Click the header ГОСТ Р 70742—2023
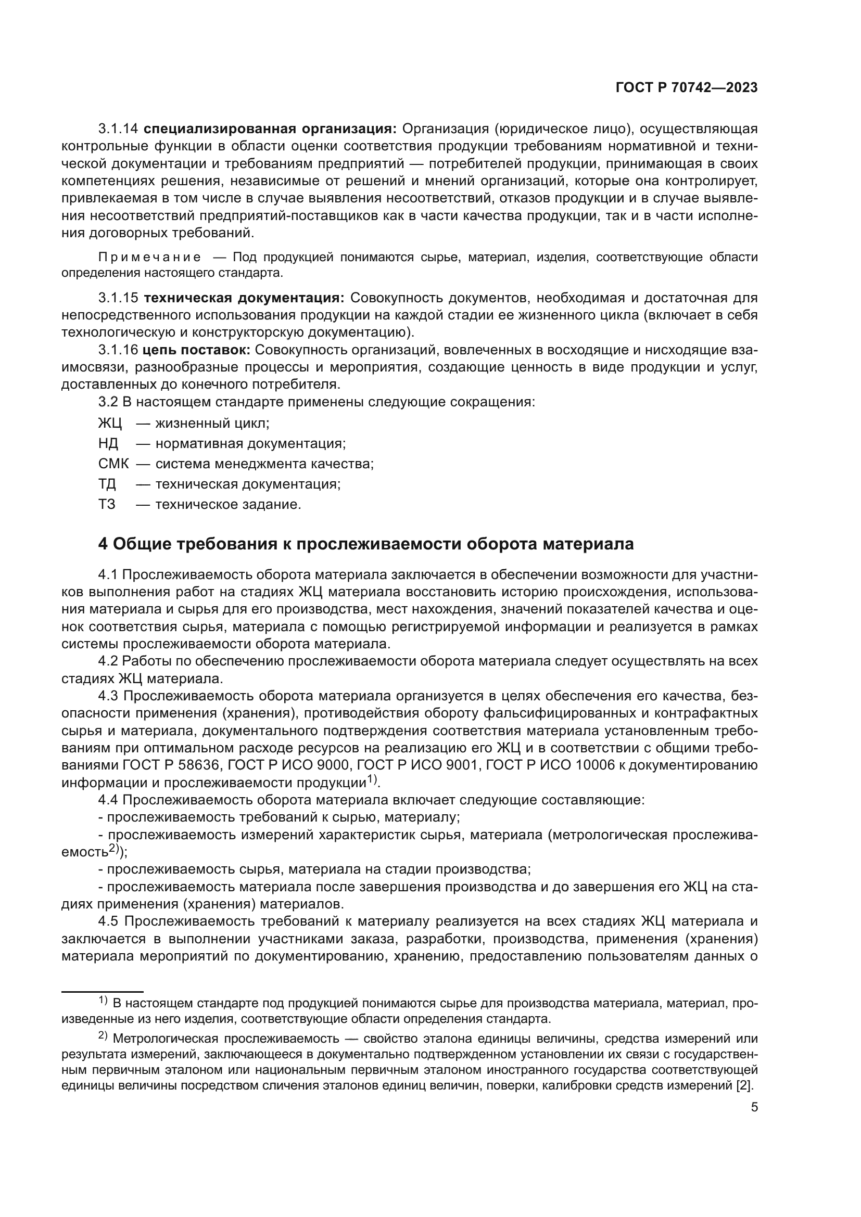click(x=686, y=88)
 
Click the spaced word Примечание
click(x=149, y=258)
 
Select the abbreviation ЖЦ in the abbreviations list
click(x=110, y=424)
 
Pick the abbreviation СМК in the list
click(x=113, y=464)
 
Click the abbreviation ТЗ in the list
click(x=107, y=505)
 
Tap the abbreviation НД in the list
click(x=108, y=444)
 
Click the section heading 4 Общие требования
click(x=366, y=544)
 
